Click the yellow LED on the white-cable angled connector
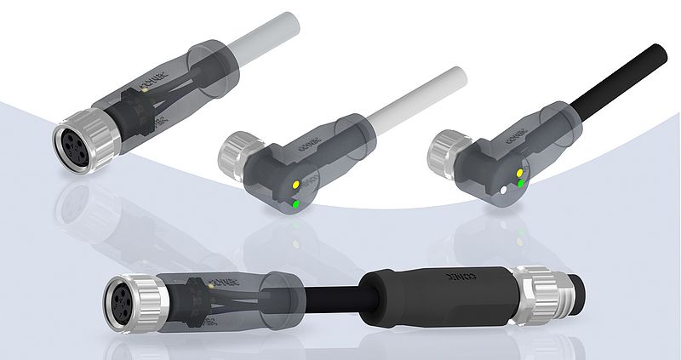point(295,183)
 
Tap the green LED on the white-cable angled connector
point(295,203)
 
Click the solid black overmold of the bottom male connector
point(434,294)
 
